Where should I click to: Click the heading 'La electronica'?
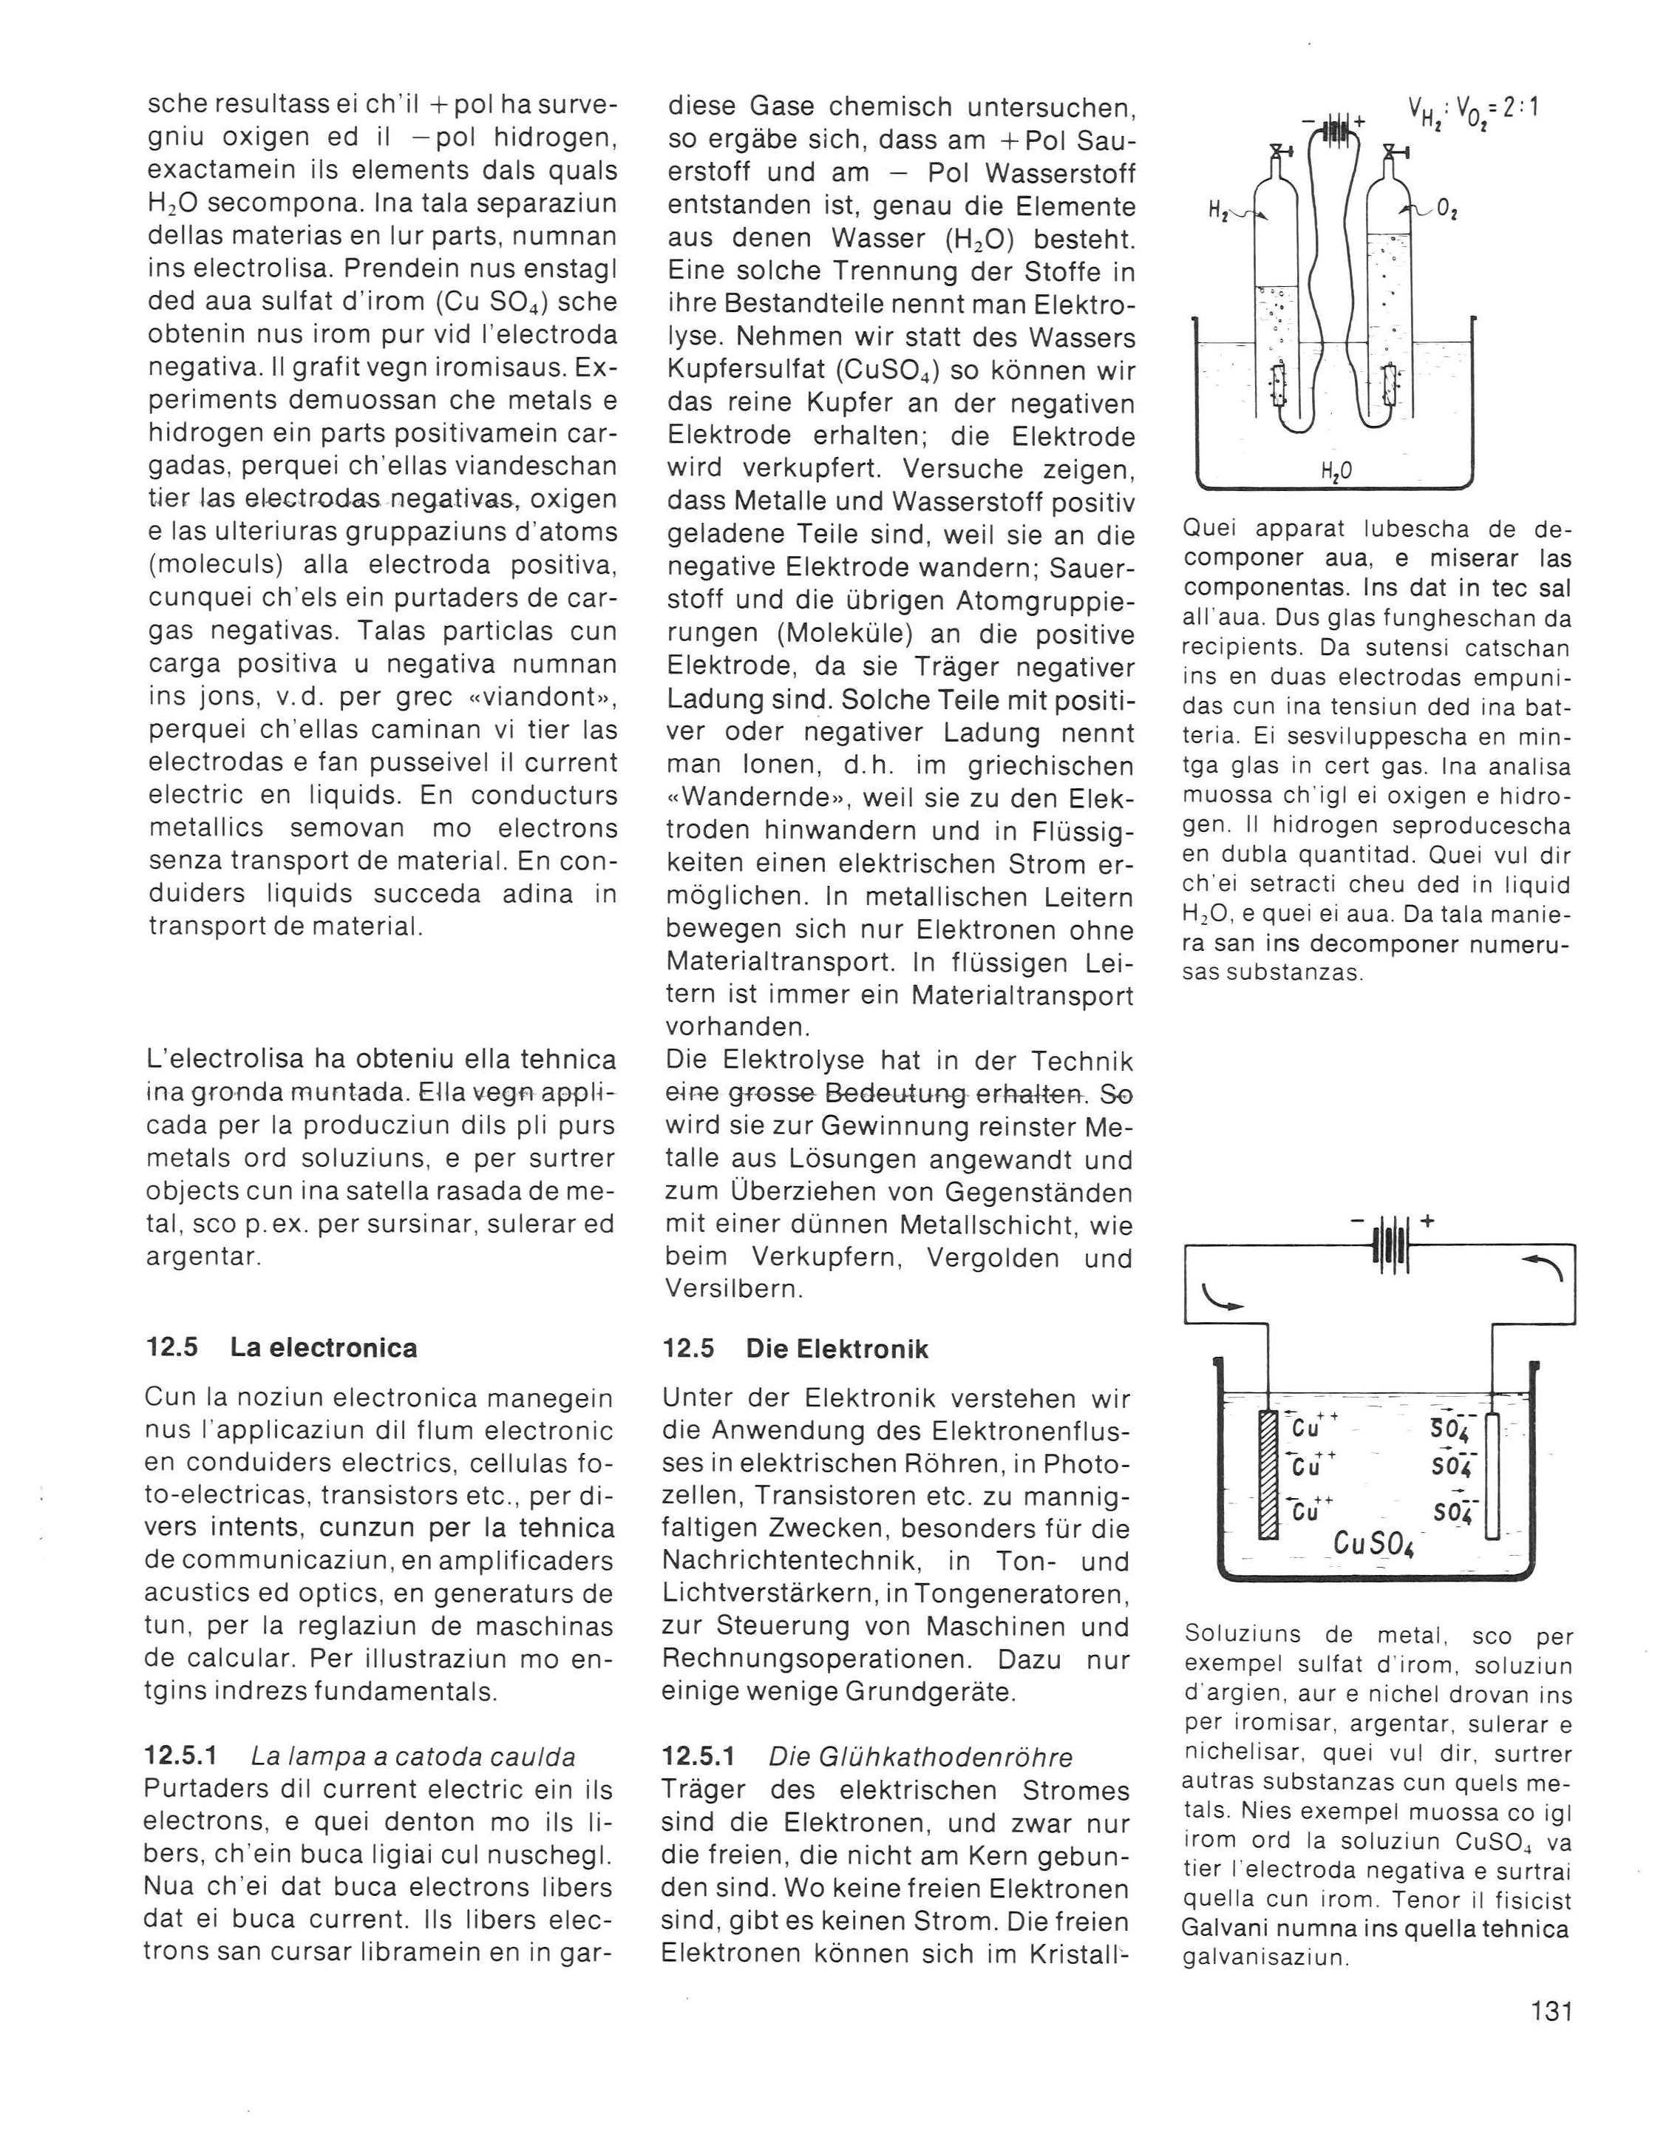(x=323, y=1347)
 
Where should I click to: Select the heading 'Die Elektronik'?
(x=837, y=1348)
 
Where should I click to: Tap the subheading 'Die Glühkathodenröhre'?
(x=920, y=1756)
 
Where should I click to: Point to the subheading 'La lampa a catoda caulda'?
(x=413, y=1755)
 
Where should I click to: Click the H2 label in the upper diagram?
(x=1219, y=209)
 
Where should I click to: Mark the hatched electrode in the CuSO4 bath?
(x=1269, y=1489)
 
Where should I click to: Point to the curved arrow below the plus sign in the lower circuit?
(x=1549, y=1270)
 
